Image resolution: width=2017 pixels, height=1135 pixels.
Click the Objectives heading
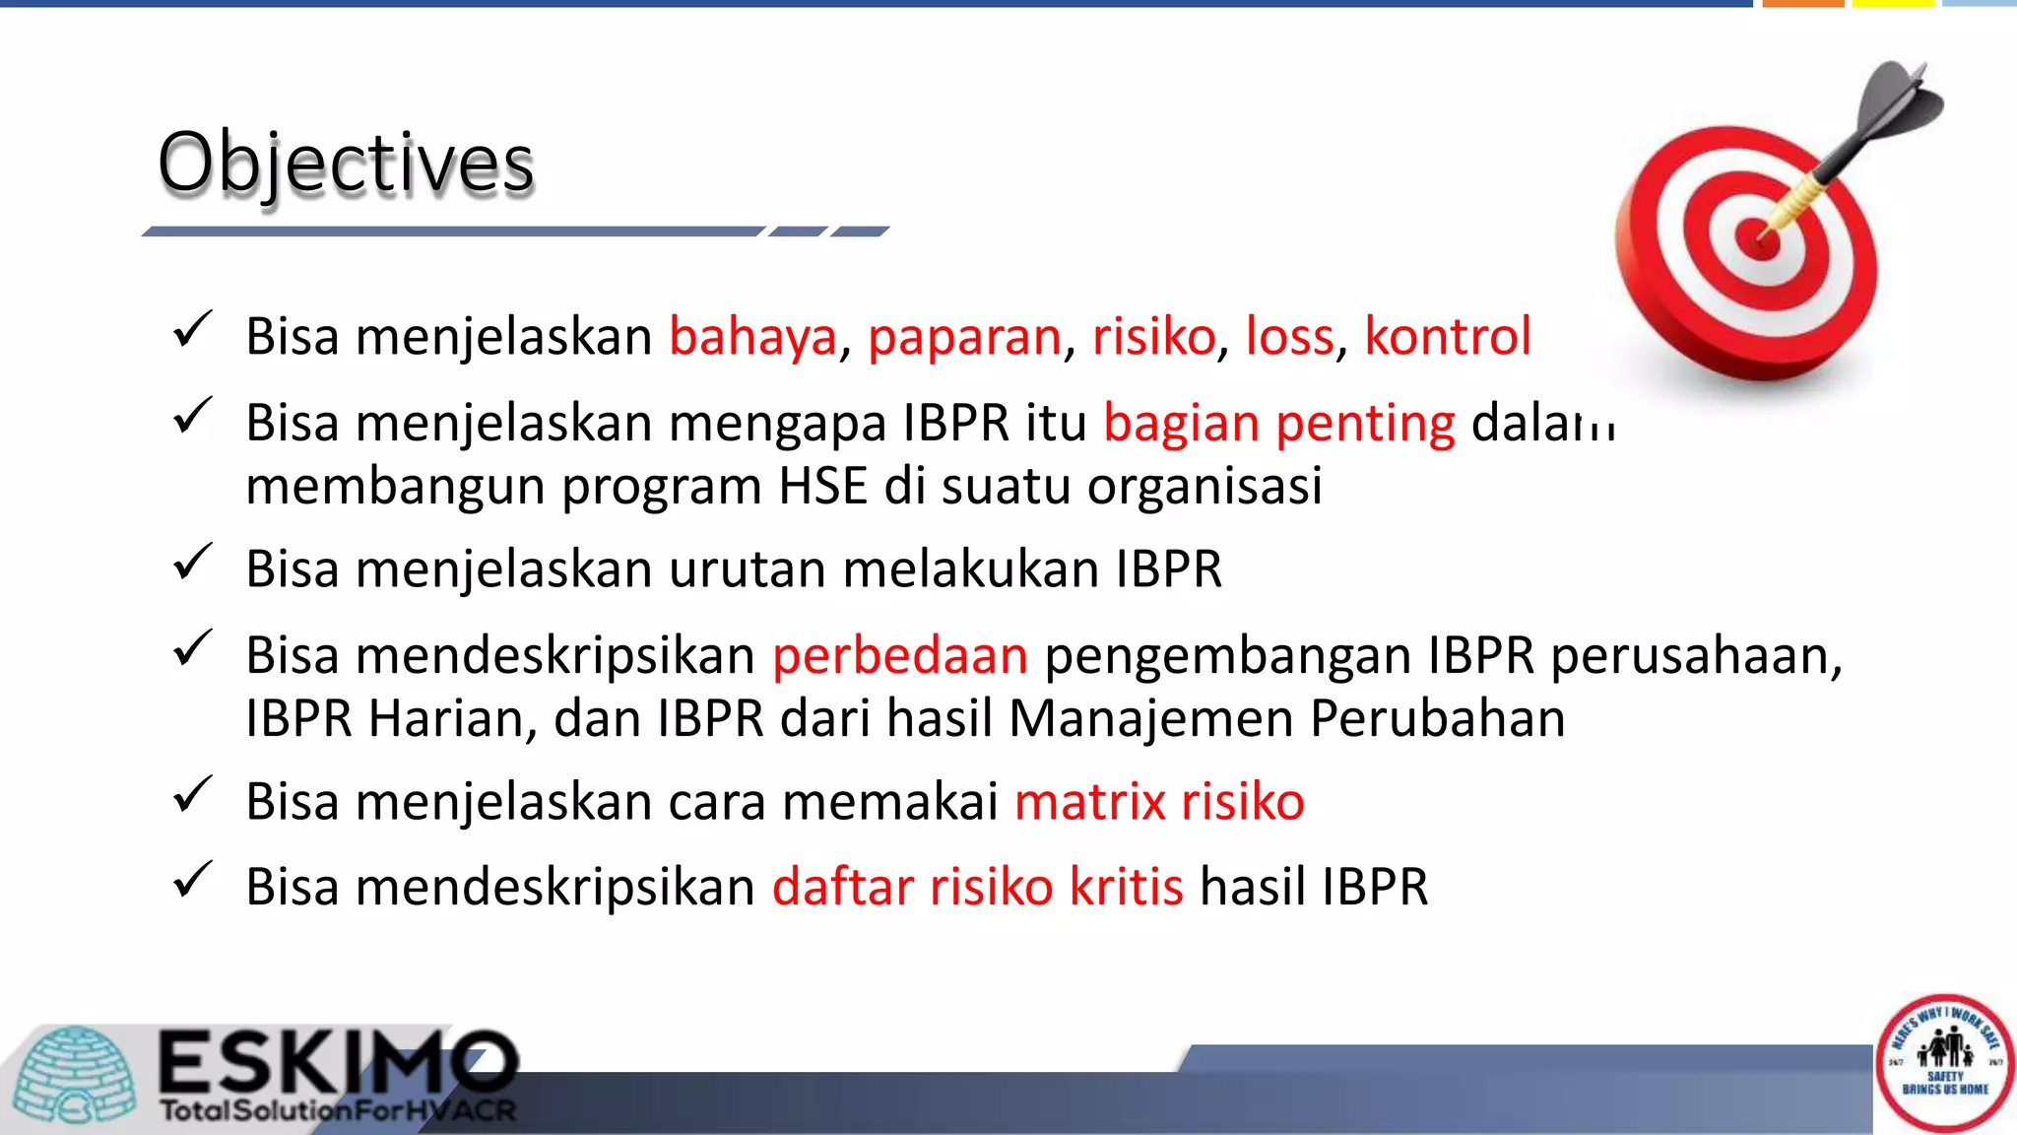pos(346,163)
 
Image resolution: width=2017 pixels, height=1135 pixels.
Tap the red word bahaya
pos(753,337)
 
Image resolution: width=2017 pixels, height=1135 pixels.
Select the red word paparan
pos(964,337)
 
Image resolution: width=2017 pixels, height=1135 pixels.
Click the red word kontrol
pos(1447,337)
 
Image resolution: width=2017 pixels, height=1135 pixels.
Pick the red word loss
pos(1289,337)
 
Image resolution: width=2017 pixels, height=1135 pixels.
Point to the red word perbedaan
pos(900,656)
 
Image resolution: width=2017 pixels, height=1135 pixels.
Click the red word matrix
pos(1090,801)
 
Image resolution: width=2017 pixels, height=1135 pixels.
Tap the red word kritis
pos(1126,887)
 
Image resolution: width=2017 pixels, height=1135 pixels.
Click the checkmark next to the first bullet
pos(192,330)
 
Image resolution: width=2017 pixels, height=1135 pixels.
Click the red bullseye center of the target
pos(1756,239)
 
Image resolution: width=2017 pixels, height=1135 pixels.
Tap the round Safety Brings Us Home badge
pos(1944,1062)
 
